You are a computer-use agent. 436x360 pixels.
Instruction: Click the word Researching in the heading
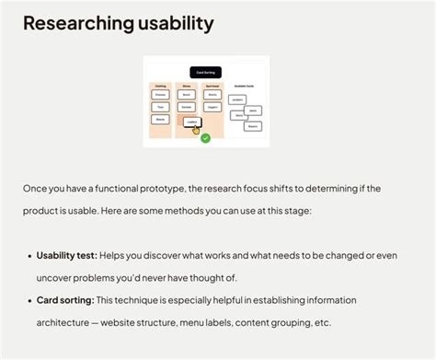(x=77, y=22)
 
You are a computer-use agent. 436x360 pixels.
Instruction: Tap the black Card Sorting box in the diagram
(x=205, y=72)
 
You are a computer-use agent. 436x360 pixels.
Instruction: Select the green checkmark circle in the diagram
(x=206, y=138)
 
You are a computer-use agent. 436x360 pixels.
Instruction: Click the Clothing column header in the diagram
(x=161, y=86)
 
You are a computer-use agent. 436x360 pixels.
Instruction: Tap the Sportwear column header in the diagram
(x=212, y=86)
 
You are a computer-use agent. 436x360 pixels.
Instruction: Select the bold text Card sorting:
(x=64, y=300)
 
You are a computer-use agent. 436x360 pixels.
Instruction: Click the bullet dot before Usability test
(x=29, y=255)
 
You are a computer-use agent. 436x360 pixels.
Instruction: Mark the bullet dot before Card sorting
(x=29, y=301)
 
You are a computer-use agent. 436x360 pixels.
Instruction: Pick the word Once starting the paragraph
(x=36, y=188)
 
